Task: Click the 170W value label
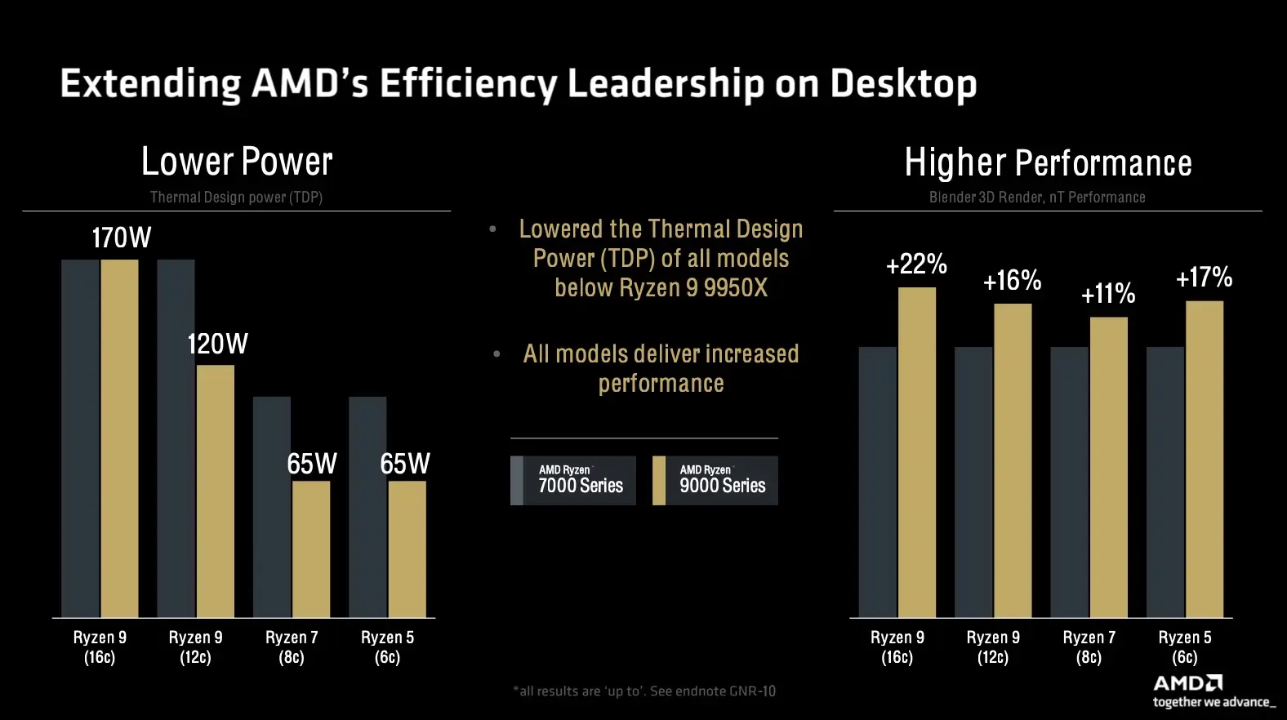(121, 238)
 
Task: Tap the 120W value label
(217, 344)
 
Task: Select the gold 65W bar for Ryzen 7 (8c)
(311, 549)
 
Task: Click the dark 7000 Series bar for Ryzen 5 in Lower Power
(367, 506)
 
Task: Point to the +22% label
(916, 264)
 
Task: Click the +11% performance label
(1108, 294)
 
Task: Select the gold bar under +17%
(1205, 459)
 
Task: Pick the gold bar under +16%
(1013, 460)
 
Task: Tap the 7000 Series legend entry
(573, 480)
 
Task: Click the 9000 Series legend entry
(715, 480)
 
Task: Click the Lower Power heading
(237, 162)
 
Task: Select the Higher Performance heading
(1048, 163)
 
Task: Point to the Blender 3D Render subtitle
(1037, 198)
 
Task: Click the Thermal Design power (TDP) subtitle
(236, 198)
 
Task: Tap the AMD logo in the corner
(1188, 683)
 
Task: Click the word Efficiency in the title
(470, 84)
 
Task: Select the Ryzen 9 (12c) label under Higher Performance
(993, 647)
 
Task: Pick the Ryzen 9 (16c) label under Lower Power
(100, 647)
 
